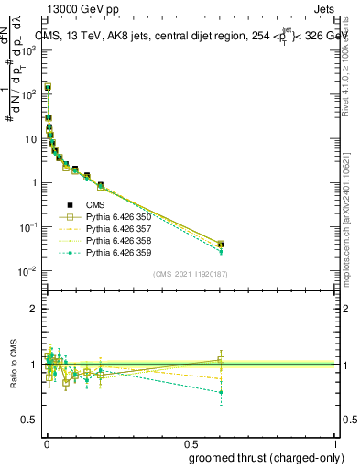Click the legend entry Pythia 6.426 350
pyautogui.click(x=117, y=216)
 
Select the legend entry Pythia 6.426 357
pyautogui.click(x=117, y=228)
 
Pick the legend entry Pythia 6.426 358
pyautogui.click(x=117, y=240)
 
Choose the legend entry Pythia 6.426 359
pyautogui.click(x=117, y=252)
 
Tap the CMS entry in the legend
pyautogui.click(x=96, y=204)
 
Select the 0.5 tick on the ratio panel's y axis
pyautogui.click(x=33, y=420)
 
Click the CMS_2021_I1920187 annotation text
pyautogui.click(x=190, y=273)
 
